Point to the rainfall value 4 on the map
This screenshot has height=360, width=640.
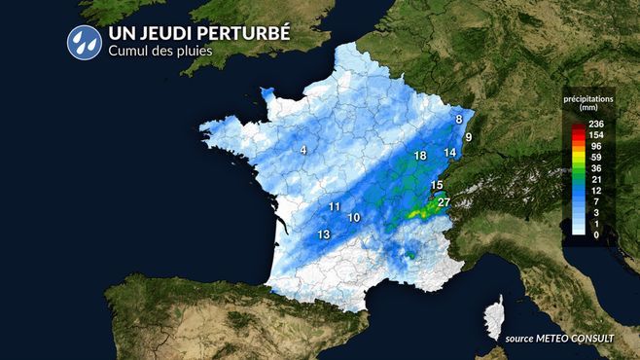pyautogui.click(x=303, y=149)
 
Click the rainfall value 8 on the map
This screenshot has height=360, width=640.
pyautogui.click(x=458, y=119)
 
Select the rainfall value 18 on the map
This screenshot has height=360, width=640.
pyautogui.click(x=420, y=156)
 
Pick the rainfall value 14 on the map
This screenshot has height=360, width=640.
pyautogui.click(x=449, y=153)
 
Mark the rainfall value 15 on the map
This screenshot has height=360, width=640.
pyautogui.click(x=437, y=185)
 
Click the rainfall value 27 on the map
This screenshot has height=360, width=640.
pyautogui.click(x=444, y=202)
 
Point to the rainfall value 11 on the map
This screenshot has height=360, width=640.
pyautogui.click(x=334, y=206)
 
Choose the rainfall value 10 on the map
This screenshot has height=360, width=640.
pyautogui.click(x=354, y=218)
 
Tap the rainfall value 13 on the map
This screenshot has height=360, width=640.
pyautogui.click(x=324, y=234)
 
